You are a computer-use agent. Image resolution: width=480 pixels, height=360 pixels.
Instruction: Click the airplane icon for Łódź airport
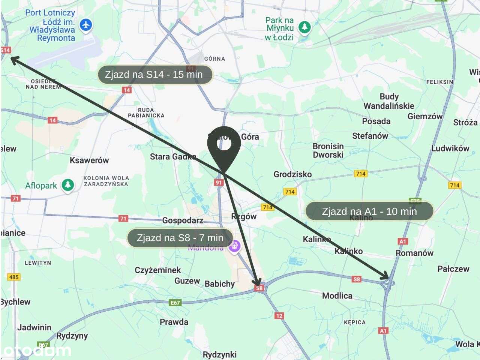pyautogui.click(x=86, y=25)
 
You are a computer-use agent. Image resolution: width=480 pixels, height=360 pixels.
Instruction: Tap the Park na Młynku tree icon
pyautogui.click(x=304, y=27)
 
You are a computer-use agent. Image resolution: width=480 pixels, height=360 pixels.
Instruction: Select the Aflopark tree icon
pyautogui.click(x=68, y=185)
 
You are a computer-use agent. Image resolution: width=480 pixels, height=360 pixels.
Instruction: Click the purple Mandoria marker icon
pyautogui.click(x=235, y=246)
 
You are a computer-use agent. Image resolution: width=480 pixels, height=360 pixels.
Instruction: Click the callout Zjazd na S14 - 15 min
pyautogui.click(x=155, y=75)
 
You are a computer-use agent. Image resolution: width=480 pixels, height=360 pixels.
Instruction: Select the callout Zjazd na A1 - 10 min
pyautogui.click(x=369, y=211)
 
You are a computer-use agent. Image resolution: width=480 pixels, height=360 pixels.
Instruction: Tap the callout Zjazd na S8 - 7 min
pyautogui.click(x=180, y=238)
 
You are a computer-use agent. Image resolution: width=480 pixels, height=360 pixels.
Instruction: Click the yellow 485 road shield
pyautogui.click(x=14, y=277)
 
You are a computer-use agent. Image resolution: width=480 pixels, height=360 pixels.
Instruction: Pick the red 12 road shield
pyautogui.click(x=279, y=316)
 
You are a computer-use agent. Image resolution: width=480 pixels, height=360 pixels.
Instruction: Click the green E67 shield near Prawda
pyautogui.click(x=175, y=303)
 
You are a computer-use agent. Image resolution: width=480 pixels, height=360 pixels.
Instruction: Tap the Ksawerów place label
pyautogui.click(x=89, y=160)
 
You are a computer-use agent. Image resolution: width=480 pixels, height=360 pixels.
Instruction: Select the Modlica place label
pyautogui.click(x=337, y=295)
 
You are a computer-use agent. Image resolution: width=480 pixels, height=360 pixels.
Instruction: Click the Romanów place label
pyautogui.click(x=414, y=253)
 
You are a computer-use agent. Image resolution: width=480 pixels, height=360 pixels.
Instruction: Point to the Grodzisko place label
pyautogui.click(x=292, y=174)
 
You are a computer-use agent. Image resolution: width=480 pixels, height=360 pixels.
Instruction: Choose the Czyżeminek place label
pyautogui.click(x=157, y=270)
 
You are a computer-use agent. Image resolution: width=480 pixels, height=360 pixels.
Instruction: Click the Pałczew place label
pyautogui.click(x=453, y=269)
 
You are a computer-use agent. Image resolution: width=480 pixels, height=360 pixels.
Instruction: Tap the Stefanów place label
pyautogui.click(x=370, y=136)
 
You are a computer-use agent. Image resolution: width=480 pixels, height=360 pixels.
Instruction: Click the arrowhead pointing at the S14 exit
pyautogui.click(x=14, y=59)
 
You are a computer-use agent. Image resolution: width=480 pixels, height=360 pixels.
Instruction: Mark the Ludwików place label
pyautogui.click(x=450, y=148)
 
